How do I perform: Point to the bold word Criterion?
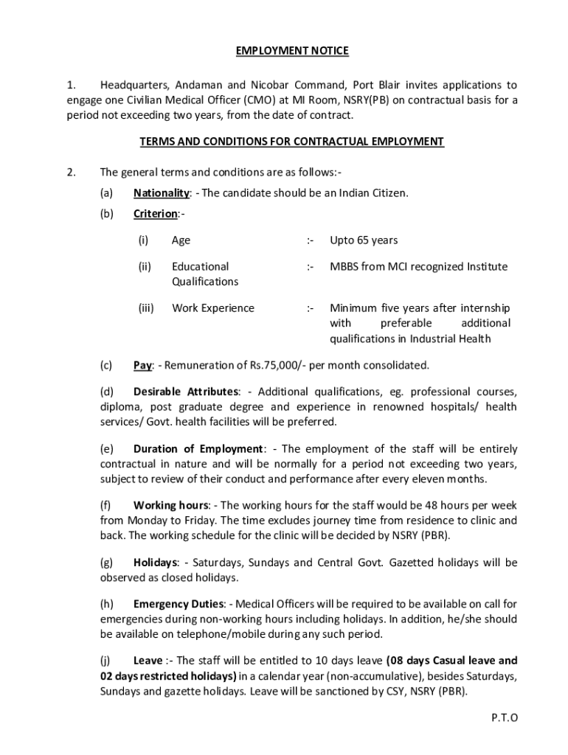point(156,214)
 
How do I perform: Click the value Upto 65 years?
point(364,240)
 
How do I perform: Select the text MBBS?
point(344,266)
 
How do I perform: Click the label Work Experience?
point(212,308)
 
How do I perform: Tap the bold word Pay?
point(142,365)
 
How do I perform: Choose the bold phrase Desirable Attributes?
point(186,391)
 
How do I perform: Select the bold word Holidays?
point(155,563)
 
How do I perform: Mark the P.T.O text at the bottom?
point(504,717)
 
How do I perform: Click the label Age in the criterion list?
point(181,240)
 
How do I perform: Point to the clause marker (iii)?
point(145,308)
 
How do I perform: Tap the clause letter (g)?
point(107,563)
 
